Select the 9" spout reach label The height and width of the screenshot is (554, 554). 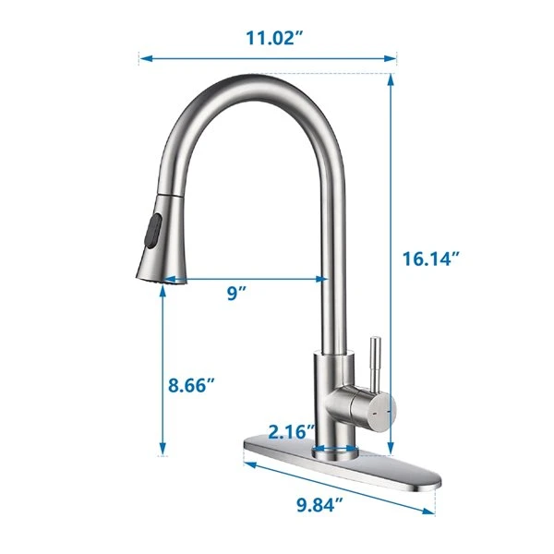pyautogui.click(x=236, y=293)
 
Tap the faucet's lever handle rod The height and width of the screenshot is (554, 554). pyautogui.click(x=377, y=360)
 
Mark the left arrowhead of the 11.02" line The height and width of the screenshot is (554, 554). pyautogui.click(x=144, y=60)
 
